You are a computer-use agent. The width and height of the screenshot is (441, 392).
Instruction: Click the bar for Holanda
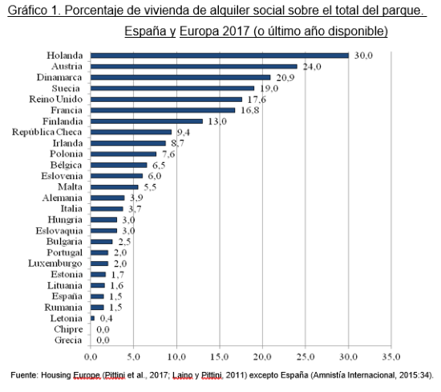[220, 55]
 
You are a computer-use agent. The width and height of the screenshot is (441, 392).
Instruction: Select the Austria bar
[194, 67]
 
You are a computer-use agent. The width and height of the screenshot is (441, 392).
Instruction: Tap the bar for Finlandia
[147, 121]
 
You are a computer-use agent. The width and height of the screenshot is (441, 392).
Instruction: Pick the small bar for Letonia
[92, 318]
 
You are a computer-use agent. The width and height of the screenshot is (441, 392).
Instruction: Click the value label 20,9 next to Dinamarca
[285, 77]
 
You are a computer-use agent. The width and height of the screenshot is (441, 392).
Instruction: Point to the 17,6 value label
[257, 100]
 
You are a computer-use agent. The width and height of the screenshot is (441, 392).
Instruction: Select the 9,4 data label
[184, 133]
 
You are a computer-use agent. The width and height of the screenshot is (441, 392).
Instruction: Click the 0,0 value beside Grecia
[103, 340]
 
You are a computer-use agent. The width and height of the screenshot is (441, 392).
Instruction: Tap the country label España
[67, 296]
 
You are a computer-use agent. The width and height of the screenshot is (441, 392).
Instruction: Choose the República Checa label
[47, 132]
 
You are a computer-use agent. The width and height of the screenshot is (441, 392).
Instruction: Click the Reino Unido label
[56, 99]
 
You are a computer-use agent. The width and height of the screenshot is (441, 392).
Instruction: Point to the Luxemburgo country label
[55, 263]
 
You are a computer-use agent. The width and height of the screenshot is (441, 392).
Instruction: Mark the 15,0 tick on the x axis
[220, 357]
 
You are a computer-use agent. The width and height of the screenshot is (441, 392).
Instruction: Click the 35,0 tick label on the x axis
[391, 357]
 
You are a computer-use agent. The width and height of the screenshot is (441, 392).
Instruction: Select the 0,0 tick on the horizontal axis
[91, 357]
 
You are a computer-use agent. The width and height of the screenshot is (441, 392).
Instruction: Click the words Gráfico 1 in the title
[34, 10]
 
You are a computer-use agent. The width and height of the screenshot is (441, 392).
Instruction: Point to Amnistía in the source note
[327, 375]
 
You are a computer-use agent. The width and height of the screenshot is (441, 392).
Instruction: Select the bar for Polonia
[123, 154]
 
